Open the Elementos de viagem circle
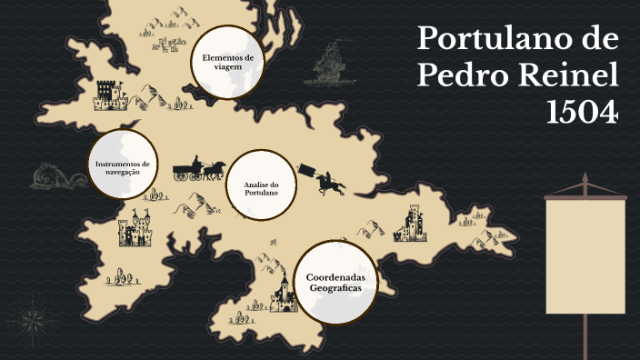[x=227, y=62]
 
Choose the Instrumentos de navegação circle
[x=123, y=165]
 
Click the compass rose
[x=34, y=317]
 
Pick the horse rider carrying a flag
[x=327, y=181]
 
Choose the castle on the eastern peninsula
[x=412, y=224]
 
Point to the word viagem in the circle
[x=227, y=66]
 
